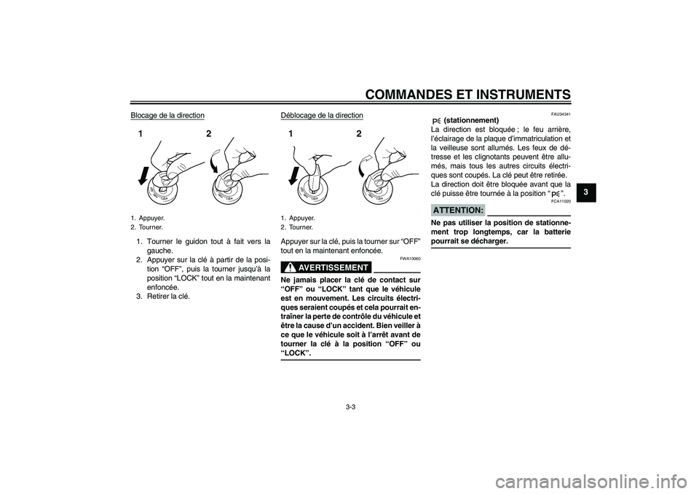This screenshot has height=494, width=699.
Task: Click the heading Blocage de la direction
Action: point(167,115)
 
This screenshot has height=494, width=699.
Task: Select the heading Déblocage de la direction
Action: point(321,115)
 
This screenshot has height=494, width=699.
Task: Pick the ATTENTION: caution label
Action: point(458,210)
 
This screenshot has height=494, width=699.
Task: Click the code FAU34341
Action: point(561,114)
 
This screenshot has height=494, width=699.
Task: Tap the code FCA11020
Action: point(561,201)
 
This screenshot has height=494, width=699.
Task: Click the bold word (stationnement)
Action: point(470,120)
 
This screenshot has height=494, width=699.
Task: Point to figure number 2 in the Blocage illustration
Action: point(208,134)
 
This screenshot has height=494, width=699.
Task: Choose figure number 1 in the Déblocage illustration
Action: point(290,134)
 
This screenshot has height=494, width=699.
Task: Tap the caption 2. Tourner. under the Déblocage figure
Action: point(297,227)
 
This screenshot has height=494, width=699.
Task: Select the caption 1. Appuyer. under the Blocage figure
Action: point(148,218)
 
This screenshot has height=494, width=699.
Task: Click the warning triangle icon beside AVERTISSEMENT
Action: point(288,267)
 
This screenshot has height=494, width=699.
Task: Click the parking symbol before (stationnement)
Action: point(436,120)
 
